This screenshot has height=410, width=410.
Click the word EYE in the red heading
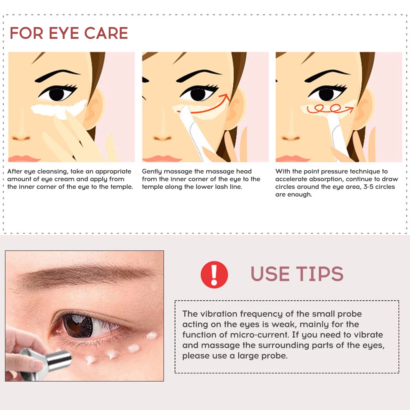[x=64, y=33]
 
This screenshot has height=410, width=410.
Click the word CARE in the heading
[x=106, y=33]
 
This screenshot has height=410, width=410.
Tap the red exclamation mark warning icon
[x=214, y=275]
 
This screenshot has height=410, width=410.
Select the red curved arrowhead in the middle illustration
[x=226, y=97]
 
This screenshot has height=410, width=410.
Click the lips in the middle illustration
[x=161, y=159]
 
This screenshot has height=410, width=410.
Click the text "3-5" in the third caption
[x=368, y=187]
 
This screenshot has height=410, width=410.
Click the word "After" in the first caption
[x=15, y=171]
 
